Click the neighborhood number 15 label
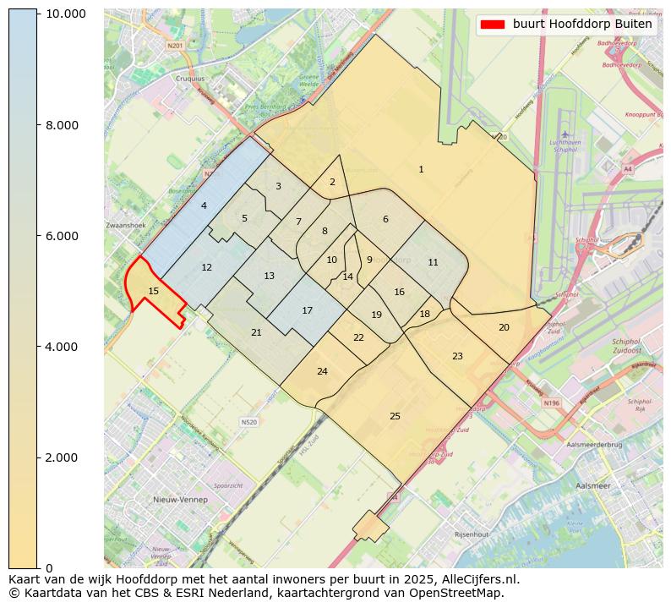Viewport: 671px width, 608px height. coord(153,291)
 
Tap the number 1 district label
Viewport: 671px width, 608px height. coord(421,170)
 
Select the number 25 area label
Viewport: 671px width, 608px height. coord(395,416)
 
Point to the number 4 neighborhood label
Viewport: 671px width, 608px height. coord(204,205)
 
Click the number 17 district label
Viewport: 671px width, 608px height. coord(308,310)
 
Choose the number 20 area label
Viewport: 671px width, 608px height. coord(504,327)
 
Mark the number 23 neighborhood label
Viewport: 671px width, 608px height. coord(457,356)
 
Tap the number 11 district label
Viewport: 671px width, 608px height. coord(433,262)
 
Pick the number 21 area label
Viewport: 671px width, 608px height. coord(256,332)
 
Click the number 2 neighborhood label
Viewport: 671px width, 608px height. coord(332,182)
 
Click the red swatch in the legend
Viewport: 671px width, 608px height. coord(492,25)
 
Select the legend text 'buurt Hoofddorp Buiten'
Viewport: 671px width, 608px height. coord(582,25)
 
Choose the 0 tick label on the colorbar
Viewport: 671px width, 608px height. coord(49,567)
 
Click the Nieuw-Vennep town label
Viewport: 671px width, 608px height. coord(180,500)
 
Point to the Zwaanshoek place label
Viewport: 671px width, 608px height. coord(126,226)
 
